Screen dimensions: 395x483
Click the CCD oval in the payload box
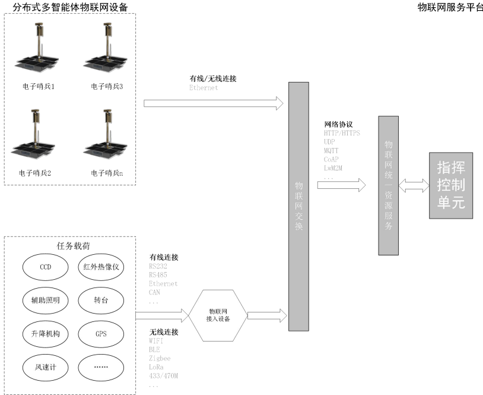[x=46, y=267]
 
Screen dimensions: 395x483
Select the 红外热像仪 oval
[x=100, y=267]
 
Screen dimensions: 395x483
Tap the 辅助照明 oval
[x=46, y=300]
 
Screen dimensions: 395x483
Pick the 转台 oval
[x=100, y=300]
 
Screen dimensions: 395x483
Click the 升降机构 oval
[x=46, y=333]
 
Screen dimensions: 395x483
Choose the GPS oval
[x=100, y=333]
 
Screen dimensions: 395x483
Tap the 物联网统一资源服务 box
[x=389, y=185]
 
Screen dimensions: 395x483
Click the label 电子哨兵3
[x=107, y=87]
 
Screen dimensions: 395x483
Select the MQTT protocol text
[x=332, y=151]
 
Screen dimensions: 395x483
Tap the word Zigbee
[x=160, y=359]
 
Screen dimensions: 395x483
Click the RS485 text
[x=158, y=275]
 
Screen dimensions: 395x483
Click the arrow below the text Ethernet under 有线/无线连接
[x=214, y=104]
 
